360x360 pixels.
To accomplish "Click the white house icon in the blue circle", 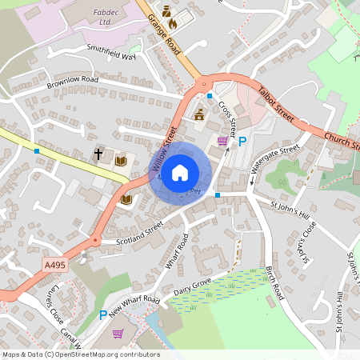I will pos(180,171).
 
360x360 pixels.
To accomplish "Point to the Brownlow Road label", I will pos(72,81).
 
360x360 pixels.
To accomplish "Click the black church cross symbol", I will pos(99,153).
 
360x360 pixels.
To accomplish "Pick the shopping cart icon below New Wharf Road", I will pos(118,334).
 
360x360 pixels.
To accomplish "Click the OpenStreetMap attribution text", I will pos(80,354).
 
